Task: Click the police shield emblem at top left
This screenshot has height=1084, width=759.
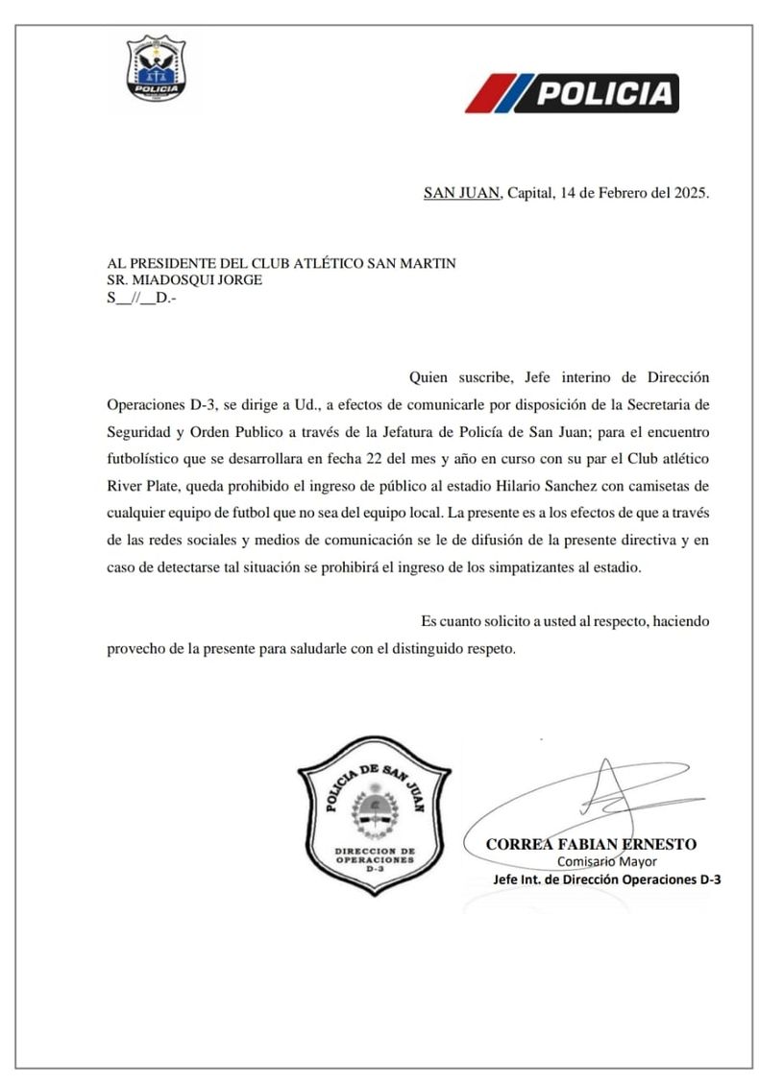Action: (x=158, y=69)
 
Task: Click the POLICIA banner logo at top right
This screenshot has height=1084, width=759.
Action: (x=573, y=93)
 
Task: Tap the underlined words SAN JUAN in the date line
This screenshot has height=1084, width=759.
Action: (x=462, y=193)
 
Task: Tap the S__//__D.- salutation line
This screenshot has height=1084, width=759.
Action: (x=141, y=298)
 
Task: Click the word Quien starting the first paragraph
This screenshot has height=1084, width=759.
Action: (x=428, y=375)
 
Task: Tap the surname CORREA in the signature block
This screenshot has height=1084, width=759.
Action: (x=518, y=844)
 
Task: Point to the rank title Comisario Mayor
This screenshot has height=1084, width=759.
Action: (x=606, y=861)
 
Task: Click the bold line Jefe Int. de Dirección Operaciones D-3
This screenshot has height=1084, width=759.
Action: (x=606, y=879)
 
